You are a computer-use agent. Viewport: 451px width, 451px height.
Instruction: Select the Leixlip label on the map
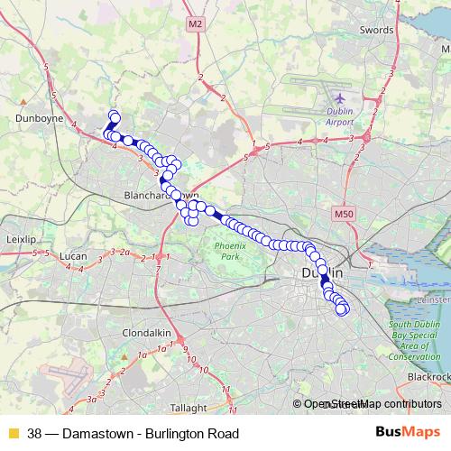click(19, 241)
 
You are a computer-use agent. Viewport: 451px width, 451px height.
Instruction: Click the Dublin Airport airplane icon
click(339, 97)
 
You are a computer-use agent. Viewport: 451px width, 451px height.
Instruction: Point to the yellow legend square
click(13, 434)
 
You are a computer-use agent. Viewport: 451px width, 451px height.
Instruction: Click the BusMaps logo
click(408, 433)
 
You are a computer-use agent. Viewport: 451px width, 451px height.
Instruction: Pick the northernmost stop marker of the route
click(114, 115)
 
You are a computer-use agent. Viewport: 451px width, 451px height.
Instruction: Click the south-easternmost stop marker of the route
click(342, 310)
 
